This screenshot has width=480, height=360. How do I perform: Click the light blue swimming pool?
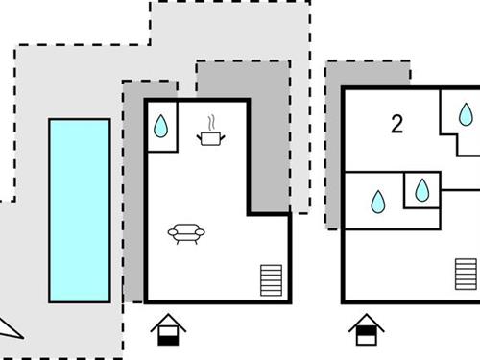79,208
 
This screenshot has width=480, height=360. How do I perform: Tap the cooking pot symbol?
210,138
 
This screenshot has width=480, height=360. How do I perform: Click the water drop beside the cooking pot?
161,127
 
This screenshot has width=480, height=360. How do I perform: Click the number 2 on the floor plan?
396,123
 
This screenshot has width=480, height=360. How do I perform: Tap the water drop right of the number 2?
466,116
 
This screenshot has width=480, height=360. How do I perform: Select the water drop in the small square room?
422,189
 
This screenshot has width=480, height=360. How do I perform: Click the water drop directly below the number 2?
378,201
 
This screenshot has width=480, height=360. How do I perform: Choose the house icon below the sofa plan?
168,330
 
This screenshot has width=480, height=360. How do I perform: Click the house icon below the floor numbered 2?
367,330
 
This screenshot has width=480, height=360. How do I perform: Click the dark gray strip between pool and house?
133,192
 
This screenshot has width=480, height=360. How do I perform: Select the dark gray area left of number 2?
333,144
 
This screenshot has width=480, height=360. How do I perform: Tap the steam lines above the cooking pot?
210,122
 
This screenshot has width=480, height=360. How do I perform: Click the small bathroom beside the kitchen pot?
161,126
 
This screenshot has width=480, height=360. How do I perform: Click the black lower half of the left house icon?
168,337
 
